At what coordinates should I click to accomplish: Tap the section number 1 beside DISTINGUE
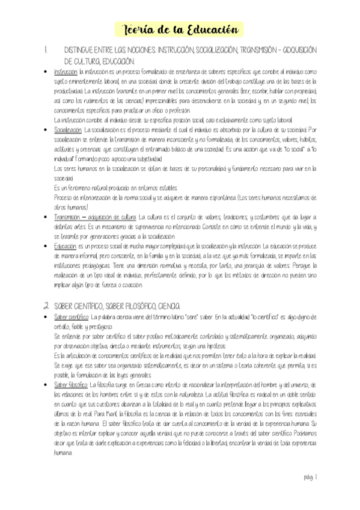point(46,53)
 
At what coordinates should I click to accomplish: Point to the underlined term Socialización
point(68,129)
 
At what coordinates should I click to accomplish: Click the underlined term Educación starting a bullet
point(65,246)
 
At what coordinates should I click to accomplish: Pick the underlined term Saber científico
point(71,316)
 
